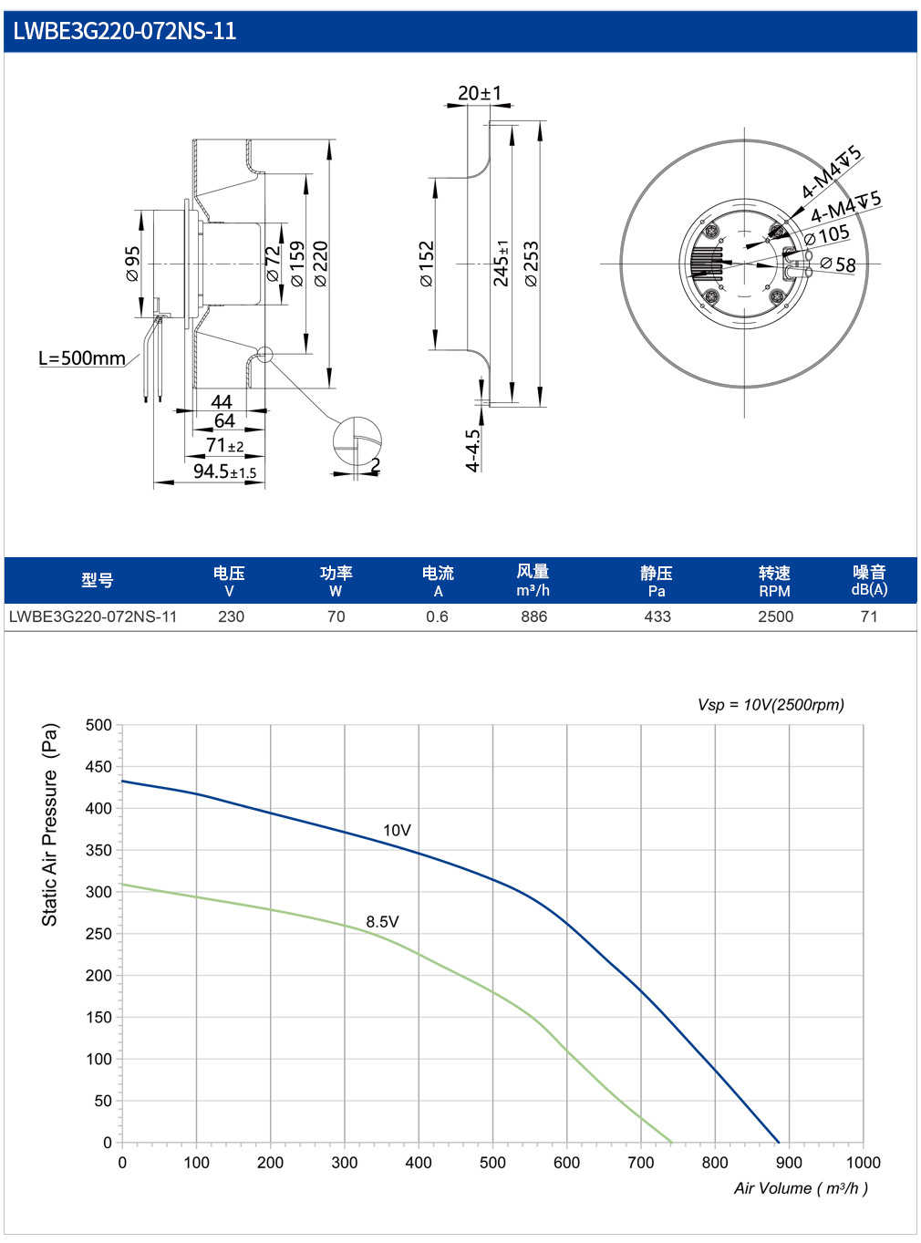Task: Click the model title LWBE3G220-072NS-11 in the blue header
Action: point(124,31)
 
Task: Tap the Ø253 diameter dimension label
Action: point(531,264)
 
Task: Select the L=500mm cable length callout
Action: point(82,358)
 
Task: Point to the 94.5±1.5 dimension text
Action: point(225,471)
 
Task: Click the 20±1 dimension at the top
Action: point(480,92)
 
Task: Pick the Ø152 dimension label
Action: point(426,264)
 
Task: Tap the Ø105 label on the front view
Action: point(827,235)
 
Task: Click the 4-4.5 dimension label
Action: point(473,451)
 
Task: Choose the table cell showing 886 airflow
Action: point(533,616)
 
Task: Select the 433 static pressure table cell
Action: point(657,616)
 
